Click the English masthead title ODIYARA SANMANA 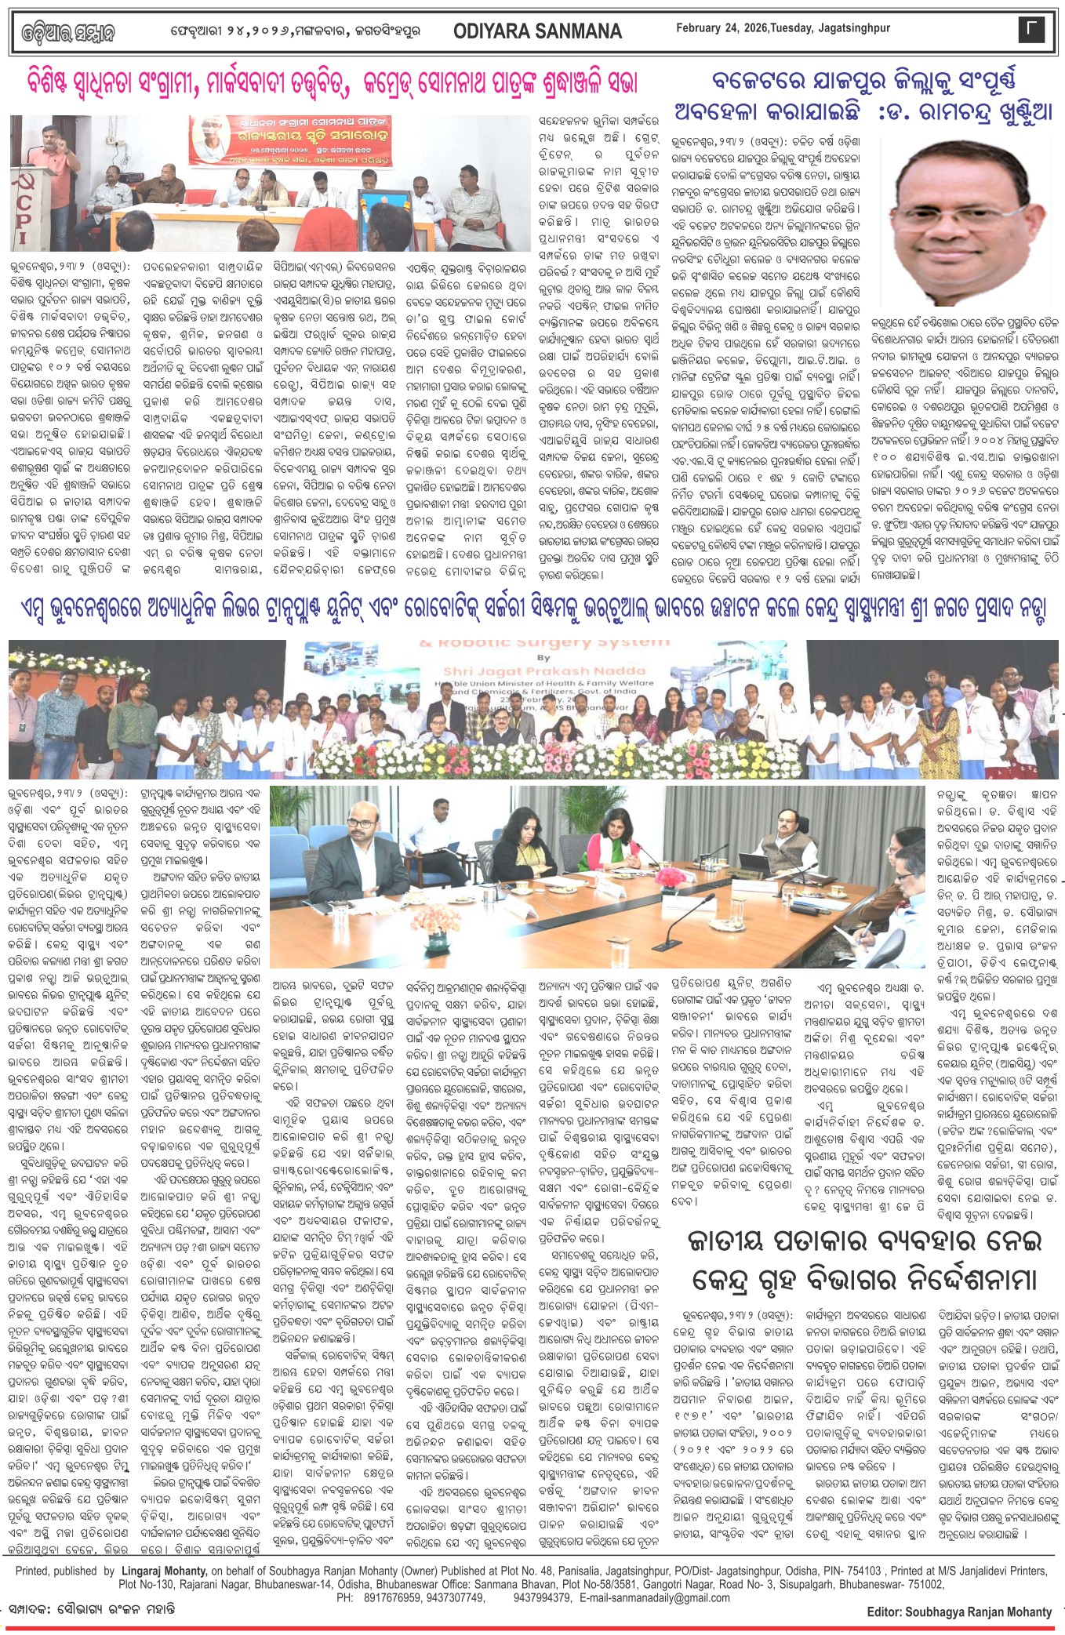(537, 31)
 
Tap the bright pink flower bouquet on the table (671, 877)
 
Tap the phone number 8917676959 (393, 1597)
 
